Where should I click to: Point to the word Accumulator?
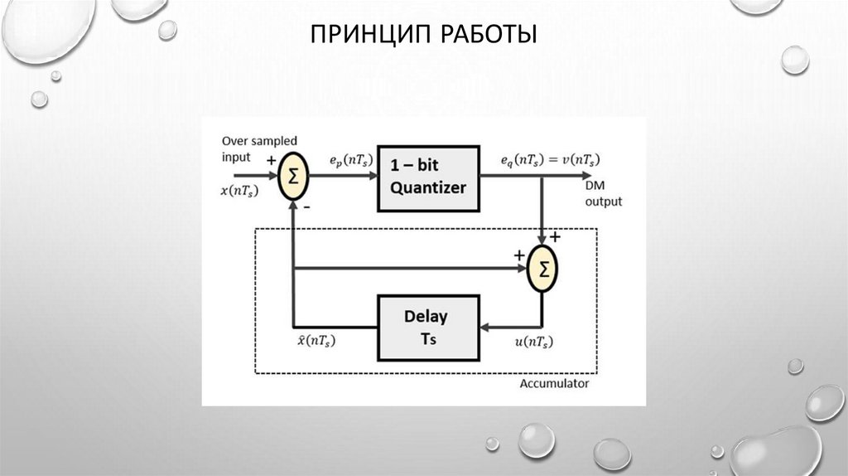[x=554, y=384]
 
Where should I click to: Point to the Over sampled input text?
[x=258, y=149]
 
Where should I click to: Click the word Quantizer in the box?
[x=428, y=187]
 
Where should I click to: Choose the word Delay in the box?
[x=426, y=316]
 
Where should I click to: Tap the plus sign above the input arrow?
[x=272, y=162]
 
